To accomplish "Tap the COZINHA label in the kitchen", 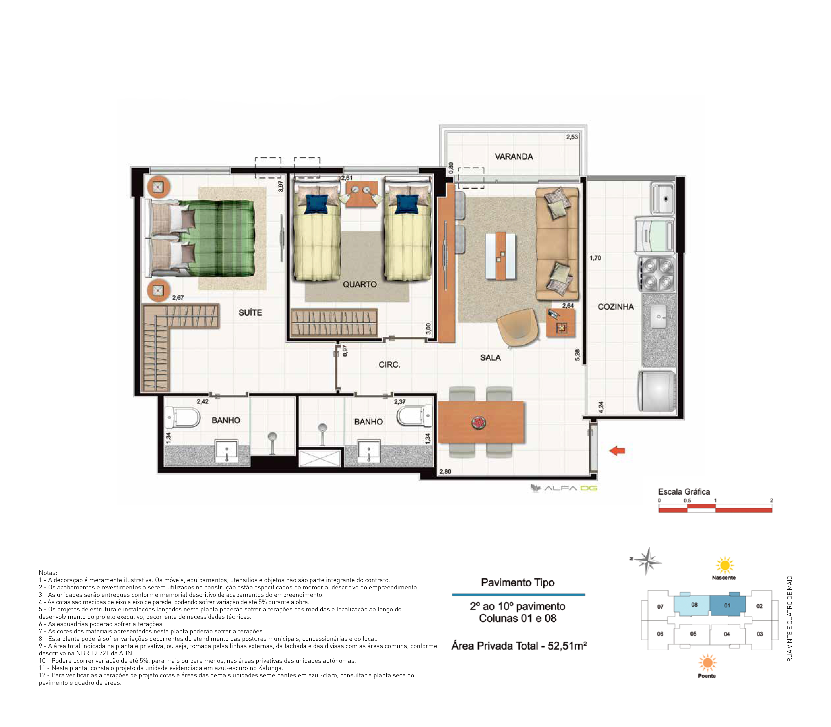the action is point(615,307).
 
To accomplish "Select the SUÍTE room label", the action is point(250,312).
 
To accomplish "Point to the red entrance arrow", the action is point(617,450).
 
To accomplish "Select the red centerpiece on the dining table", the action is point(479,423).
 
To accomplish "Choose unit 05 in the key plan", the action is point(693,634).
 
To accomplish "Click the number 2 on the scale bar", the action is point(771,500).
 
